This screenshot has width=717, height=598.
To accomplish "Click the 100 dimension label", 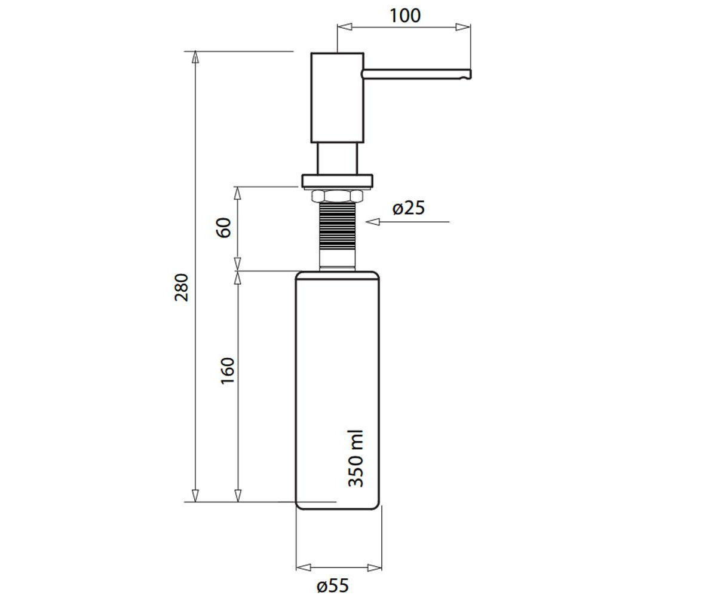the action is pos(405,16).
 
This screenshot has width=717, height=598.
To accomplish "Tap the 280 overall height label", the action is pos(181,287).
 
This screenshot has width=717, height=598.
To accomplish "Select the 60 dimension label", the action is pos(224,227).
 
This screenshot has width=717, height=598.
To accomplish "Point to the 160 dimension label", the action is pos(227,371).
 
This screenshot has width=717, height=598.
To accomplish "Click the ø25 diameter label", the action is pos(409,208).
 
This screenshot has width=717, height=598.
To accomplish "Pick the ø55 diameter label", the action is pos(332,585).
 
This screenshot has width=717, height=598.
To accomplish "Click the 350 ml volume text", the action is pos(356,458).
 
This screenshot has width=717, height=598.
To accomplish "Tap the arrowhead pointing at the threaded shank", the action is pos(373,222).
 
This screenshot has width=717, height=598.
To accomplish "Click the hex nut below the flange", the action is pos(337,196).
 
